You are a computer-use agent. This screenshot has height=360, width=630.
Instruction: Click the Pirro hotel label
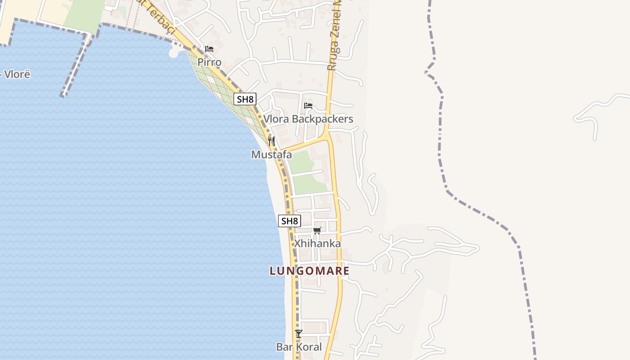point(209,62)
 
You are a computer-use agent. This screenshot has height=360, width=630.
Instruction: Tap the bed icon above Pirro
point(209,49)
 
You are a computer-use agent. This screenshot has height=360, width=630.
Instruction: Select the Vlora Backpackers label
point(308,119)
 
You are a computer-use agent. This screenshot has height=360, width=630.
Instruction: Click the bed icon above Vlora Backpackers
point(308,106)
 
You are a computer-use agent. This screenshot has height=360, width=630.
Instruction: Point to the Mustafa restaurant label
point(271,155)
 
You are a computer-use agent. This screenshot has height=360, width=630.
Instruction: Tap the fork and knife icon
point(271,141)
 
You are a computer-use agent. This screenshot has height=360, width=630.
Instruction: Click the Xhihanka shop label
point(317,243)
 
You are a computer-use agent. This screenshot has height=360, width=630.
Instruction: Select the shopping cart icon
point(317,231)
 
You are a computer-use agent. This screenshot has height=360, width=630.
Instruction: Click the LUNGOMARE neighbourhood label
point(310,271)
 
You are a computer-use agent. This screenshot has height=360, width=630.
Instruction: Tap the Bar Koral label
point(299,347)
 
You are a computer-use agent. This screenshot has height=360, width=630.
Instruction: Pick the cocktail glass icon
point(299,333)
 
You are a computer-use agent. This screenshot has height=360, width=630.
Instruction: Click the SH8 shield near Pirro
point(245,99)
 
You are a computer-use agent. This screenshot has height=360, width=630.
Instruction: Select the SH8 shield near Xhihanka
point(290,221)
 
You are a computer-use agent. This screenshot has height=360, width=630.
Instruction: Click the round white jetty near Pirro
point(174,53)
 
